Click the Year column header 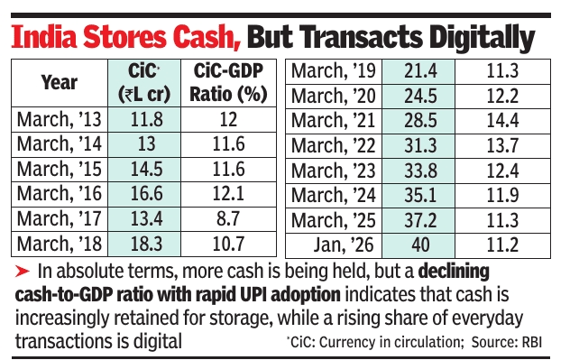[x=59, y=82]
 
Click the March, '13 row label [x=59, y=119]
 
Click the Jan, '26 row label [x=332, y=242]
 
